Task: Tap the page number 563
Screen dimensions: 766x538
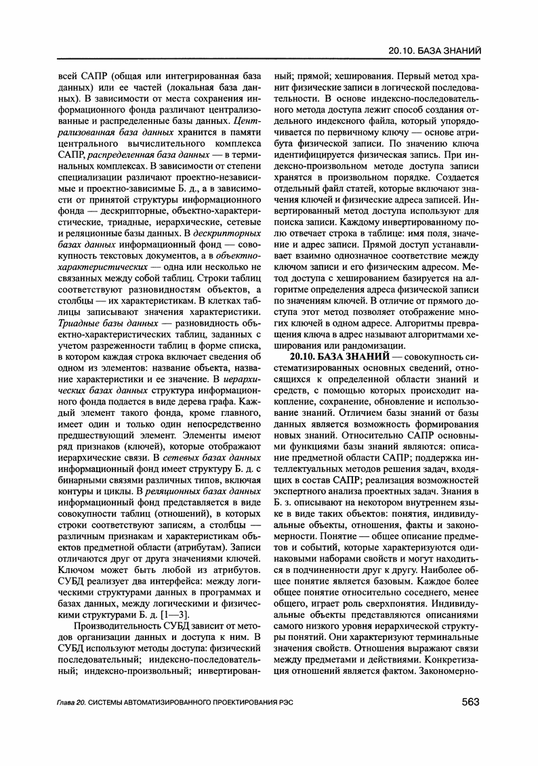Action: tap(470, 702)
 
